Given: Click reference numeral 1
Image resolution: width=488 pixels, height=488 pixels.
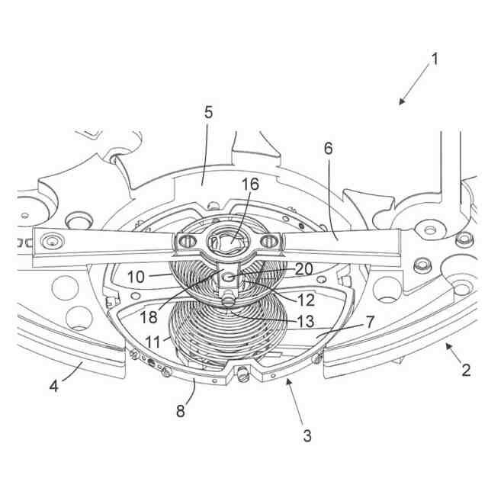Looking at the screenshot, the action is (435, 59).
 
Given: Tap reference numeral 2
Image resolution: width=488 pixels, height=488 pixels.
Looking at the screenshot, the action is (466, 371).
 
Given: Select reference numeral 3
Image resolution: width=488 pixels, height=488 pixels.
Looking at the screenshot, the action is (307, 436).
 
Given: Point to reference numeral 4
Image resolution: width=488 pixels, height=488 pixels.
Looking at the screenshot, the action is (54, 386).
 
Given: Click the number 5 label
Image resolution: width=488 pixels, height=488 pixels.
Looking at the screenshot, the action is (208, 112).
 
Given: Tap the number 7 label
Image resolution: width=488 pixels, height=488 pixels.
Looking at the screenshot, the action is (369, 322).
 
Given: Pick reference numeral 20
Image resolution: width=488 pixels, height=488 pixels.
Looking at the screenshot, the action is (303, 269).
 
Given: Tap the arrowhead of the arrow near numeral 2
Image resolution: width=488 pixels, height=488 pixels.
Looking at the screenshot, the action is (445, 345).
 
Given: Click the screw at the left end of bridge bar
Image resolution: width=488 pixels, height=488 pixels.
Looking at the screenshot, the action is (52, 241).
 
